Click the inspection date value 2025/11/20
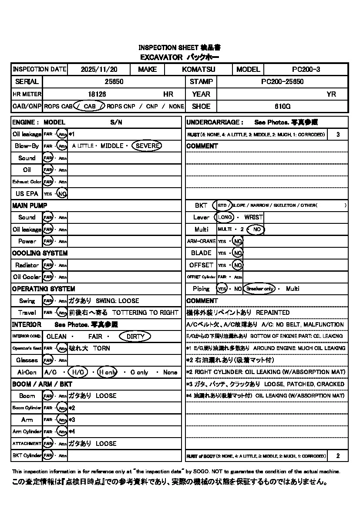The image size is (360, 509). tap(99, 69)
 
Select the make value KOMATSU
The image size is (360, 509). tap(199, 69)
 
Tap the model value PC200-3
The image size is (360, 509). tap(306, 69)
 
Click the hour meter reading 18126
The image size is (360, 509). tap(97, 94)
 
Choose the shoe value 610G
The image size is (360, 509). tap(282, 106)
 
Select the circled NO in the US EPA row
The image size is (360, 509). tap(62, 194)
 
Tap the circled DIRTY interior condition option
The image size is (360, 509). tap(137, 337)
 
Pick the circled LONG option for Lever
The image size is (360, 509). tap(225, 217)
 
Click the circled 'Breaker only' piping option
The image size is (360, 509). tap(259, 289)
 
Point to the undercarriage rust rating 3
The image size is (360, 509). tap(338, 135)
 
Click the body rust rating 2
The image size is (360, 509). tap(338, 456)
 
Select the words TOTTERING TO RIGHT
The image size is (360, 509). tap(145, 313)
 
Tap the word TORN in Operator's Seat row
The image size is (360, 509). tap(101, 348)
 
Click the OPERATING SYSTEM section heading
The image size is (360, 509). tap(44, 289)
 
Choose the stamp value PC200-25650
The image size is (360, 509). tap(282, 81)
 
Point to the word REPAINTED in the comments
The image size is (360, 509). tap(273, 313)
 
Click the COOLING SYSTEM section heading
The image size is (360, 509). tap(40, 253)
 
